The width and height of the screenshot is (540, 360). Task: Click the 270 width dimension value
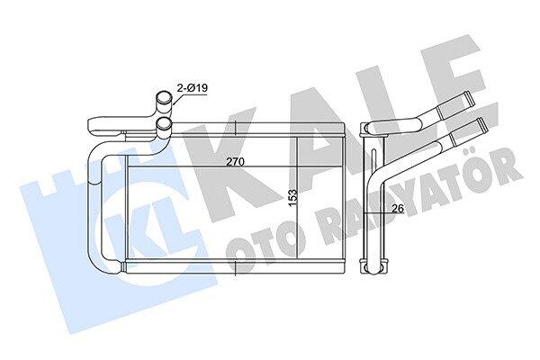(x=235, y=162)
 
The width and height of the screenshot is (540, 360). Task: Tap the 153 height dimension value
(x=292, y=197)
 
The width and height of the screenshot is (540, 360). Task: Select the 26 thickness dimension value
(x=398, y=208)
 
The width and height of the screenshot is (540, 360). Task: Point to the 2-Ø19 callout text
(x=193, y=88)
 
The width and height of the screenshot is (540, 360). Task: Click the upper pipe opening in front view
(x=165, y=97)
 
